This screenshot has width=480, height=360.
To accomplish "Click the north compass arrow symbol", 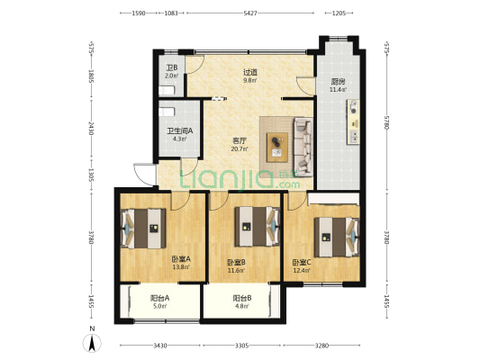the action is [92, 343].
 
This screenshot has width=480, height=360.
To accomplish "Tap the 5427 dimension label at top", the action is [250, 13].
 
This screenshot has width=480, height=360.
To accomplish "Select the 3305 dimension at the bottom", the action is [241, 346].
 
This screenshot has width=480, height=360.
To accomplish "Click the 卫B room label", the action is [172, 67].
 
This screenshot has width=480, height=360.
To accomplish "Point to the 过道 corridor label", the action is [250, 73].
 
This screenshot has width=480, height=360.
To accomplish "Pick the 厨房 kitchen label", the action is [339, 82].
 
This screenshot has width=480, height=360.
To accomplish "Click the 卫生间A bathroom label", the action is [180, 131].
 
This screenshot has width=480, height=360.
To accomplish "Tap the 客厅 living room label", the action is [240, 141].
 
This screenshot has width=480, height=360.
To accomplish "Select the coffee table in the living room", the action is [277, 147].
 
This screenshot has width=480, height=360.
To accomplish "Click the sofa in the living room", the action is [303, 147].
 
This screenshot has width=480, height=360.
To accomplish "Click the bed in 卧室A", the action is [143, 229].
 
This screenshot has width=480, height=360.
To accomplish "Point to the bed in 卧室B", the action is [258, 227].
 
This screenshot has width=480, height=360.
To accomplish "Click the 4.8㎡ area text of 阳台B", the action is [241, 306].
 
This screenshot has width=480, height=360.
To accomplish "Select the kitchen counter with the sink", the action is [353, 121].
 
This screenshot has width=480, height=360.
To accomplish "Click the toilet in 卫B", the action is [167, 91].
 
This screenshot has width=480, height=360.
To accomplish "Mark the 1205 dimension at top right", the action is [339, 13].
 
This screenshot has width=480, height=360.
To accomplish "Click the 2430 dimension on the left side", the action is [91, 129].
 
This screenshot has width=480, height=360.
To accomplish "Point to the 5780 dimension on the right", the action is [386, 122].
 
